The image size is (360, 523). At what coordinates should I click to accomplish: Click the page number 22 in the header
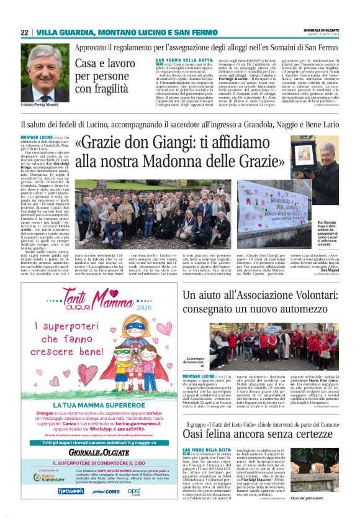click(x=24, y=32)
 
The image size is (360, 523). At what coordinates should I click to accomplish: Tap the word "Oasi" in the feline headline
click(x=197, y=434)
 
